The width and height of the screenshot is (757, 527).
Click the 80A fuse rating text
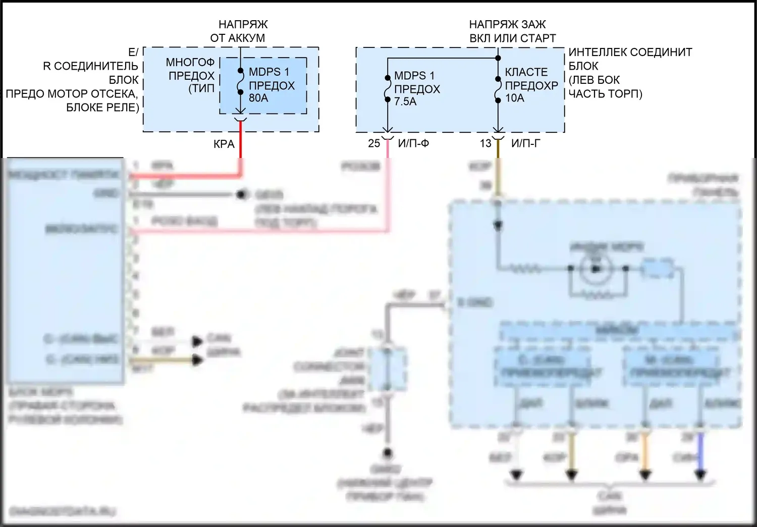click(x=258, y=98)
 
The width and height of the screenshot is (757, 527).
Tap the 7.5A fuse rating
click(x=405, y=101)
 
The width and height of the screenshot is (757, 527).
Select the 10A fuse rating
click(x=515, y=98)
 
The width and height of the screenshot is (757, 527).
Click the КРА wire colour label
click(x=224, y=144)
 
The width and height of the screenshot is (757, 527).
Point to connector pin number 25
click(x=374, y=143)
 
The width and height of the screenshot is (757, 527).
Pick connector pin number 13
click(x=485, y=143)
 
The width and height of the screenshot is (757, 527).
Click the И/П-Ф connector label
click(x=413, y=143)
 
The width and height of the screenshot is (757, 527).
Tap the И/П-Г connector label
click(x=525, y=143)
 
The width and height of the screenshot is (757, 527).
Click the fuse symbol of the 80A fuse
click(x=240, y=82)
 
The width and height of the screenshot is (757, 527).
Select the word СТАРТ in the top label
click(x=538, y=38)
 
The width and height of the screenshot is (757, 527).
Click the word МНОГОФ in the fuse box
click(x=190, y=62)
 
